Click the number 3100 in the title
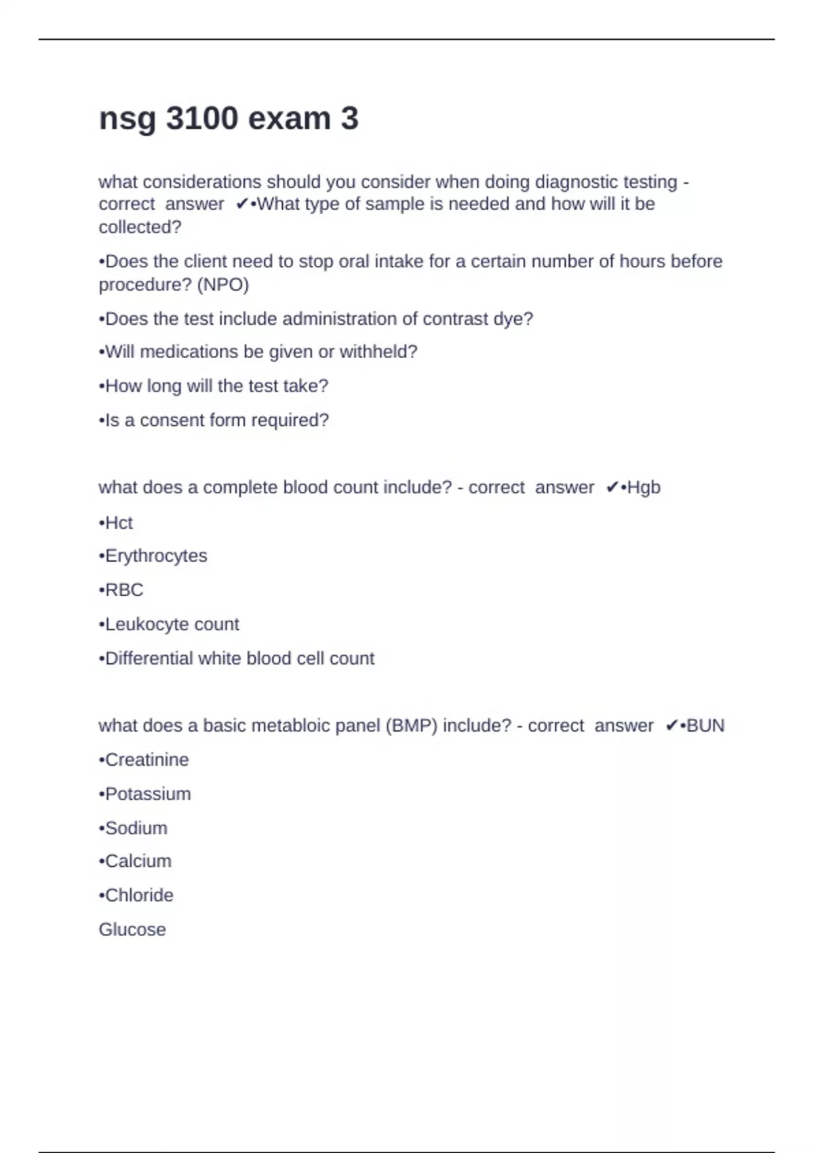pyautogui.click(x=201, y=119)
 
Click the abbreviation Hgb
pyautogui.click(x=644, y=488)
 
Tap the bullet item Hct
pyautogui.click(x=118, y=523)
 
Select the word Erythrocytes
pyautogui.click(x=155, y=556)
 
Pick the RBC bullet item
pyautogui.click(x=123, y=590)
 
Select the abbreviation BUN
pyautogui.click(x=705, y=726)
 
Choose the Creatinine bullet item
pyautogui.click(x=146, y=760)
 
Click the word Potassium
pyautogui.click(x=147, y=794)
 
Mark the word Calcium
pyautogui.click(x=138, y=861)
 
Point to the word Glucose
pyautogui.click(x=132, y=930)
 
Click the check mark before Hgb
pyautogui.click(x=612, y=488)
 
